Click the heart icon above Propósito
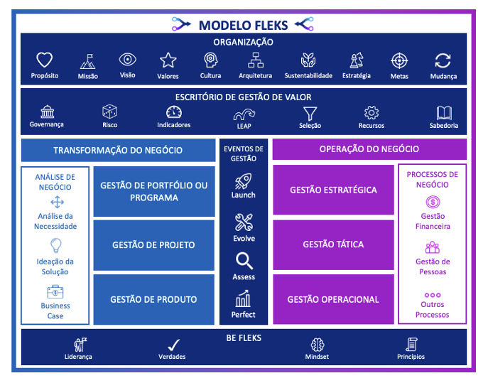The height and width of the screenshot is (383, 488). click(45, 60)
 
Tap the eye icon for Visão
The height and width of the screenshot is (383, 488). click(128, 60)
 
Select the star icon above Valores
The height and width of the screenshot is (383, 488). click(168, 60)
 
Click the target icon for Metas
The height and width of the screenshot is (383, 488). click(399, 60)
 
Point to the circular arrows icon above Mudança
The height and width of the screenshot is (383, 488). click(443, 60)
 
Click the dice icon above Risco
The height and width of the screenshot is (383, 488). click(109, 112)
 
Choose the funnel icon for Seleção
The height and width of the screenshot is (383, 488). click(310, 112)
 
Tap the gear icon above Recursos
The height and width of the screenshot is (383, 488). click(371, 112)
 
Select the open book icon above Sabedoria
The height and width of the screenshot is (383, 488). click(444, 112)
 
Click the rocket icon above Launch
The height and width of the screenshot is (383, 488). click(244, 180)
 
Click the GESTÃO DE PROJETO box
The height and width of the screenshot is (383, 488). click(153, 245)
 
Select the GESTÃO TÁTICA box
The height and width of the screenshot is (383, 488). click(333, 244)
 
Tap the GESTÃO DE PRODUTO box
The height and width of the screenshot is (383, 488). click(153, 299)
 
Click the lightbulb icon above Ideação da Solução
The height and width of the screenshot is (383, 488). click(55, 246)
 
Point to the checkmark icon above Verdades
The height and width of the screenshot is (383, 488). click(172, 345)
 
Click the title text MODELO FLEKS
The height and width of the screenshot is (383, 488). click(243, 26)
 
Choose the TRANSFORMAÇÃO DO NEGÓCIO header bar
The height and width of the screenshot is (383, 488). click(118, 150)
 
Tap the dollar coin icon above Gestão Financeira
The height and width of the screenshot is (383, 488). click(432, 203)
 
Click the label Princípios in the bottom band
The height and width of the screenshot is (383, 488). click(411, 357)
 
